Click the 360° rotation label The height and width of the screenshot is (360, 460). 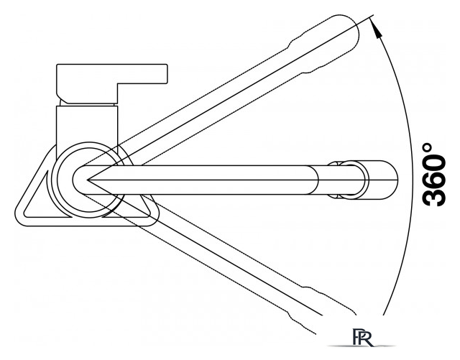[x=434, y=175]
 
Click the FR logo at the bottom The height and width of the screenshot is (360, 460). [x=362, y=338]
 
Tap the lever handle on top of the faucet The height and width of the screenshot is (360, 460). [x=112, y=83]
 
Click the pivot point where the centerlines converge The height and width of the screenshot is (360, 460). [x=87, y=180]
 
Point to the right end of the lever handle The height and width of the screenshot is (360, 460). [x=167, y=73]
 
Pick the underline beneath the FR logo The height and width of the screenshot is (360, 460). [x=361, y=346]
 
